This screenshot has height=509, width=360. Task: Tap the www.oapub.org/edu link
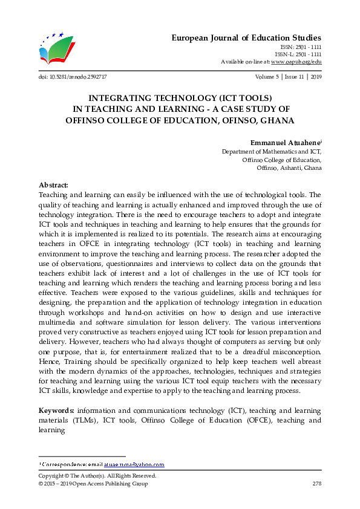[x=296, y=62]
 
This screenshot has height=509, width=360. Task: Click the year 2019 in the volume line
[x=315, y=77]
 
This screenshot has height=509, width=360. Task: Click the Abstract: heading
[x=54, y=184]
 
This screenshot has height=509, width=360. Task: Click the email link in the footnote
[x=142, y=464]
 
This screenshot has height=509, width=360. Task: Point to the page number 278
[x=316, y=484]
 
